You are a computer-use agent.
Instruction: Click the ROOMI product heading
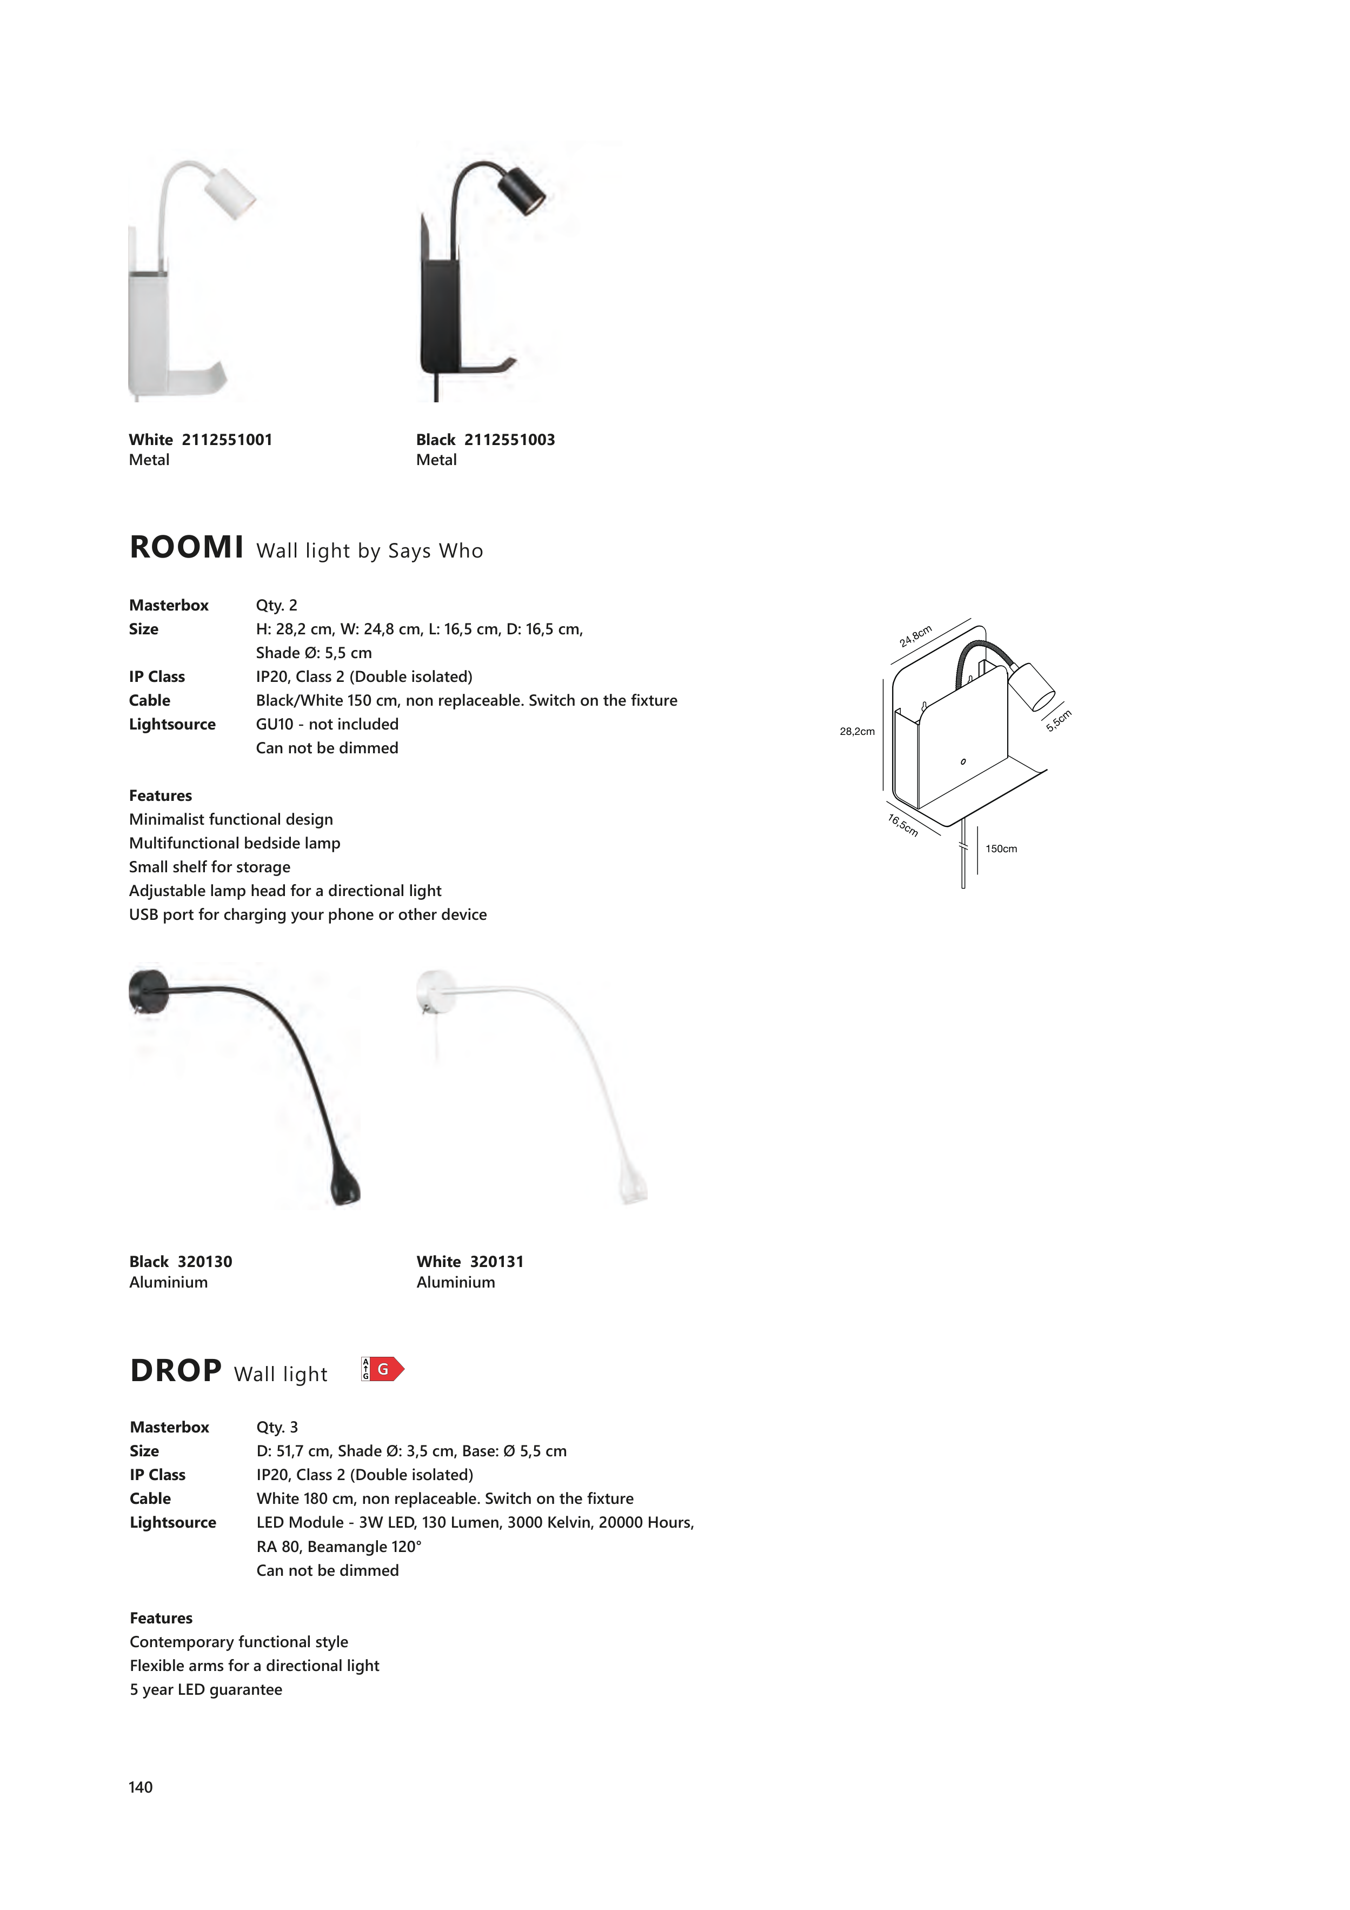coord(187,547)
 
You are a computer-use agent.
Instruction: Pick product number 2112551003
coord(509,439)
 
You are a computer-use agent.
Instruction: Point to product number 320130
coord(204,1261)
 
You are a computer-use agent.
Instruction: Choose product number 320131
coord(496,1261)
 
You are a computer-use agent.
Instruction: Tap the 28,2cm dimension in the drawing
coord(857,731)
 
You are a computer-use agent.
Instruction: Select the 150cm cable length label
coord(1001,848)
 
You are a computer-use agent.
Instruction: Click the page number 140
coord(141,1787)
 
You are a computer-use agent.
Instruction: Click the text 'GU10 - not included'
coord(327,724)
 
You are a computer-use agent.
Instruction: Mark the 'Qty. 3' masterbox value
coord(277,1427)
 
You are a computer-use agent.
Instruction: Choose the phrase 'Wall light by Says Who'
coord(369,551)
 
